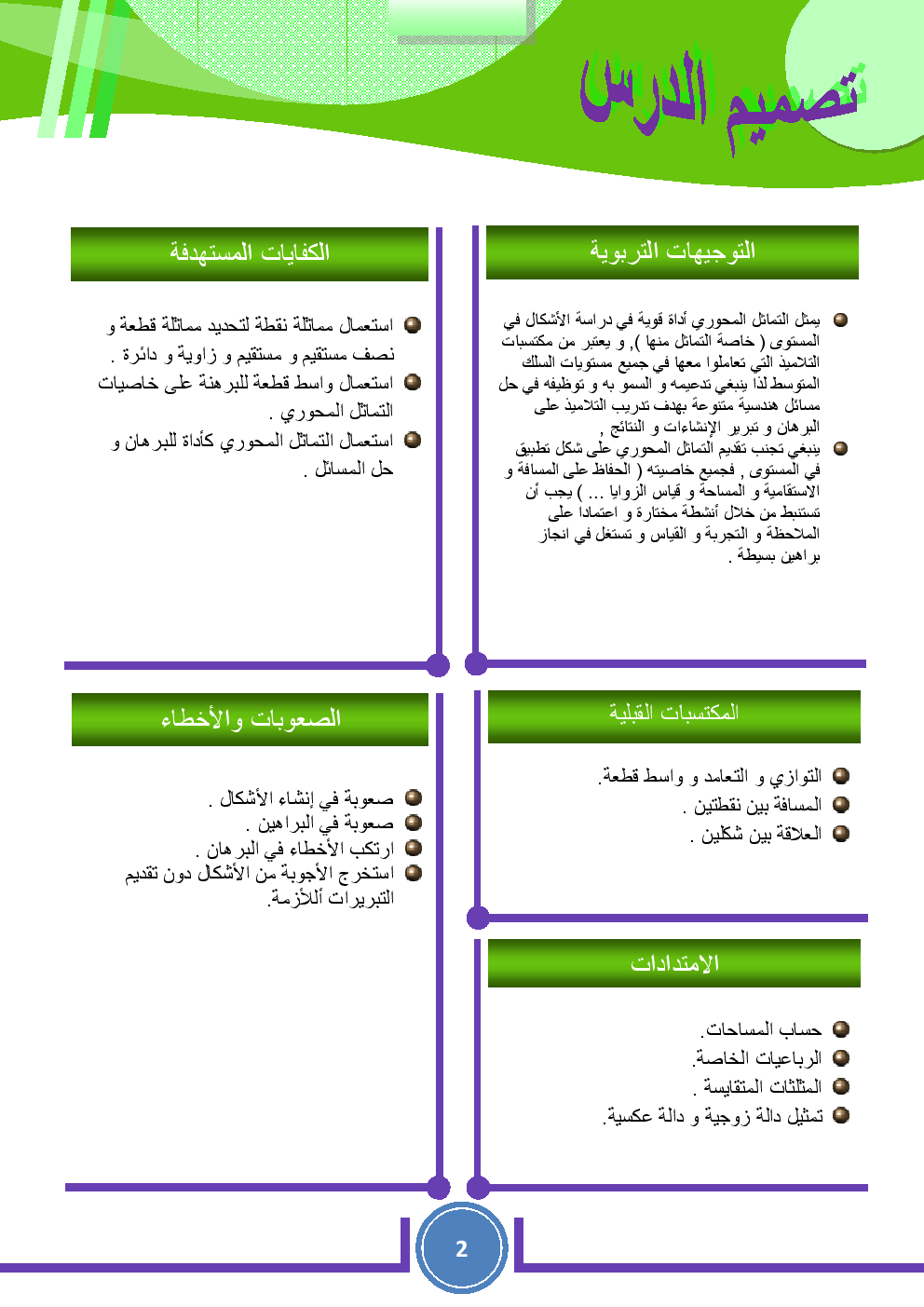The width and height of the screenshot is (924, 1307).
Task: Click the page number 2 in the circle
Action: tap(461, 1249)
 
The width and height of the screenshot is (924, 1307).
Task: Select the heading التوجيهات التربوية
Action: tap(672, 252)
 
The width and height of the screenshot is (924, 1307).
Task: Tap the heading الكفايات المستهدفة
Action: tap(249, 253)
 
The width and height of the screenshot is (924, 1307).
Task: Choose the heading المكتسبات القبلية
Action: tap(673, 714)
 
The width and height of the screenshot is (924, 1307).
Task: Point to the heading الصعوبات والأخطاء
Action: tap(250, 719)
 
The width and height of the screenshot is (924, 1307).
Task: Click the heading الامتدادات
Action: tap(673, 963)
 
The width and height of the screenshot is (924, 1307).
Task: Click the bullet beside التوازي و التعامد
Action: tap(841, 776)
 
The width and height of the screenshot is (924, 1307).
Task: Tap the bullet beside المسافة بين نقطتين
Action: tap(841, 805)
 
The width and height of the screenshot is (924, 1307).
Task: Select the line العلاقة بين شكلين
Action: tap(755, 835)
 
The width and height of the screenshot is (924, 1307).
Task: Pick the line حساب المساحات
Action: tap(762, 1030)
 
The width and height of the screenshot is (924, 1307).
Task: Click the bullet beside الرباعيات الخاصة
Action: tap(841, 1058)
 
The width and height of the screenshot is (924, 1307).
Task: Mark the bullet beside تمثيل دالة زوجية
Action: tap(841, 1115)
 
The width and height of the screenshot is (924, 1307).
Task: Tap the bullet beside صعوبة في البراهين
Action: tap(414, 823)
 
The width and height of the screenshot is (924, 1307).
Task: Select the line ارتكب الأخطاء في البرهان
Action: tap(295, 849)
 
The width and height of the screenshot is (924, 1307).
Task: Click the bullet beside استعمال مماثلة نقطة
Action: tap(413, 325)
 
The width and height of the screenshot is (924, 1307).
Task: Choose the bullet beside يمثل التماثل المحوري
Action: tap(840, 320)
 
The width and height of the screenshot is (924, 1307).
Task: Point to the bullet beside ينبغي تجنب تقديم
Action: tap(840, 448)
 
